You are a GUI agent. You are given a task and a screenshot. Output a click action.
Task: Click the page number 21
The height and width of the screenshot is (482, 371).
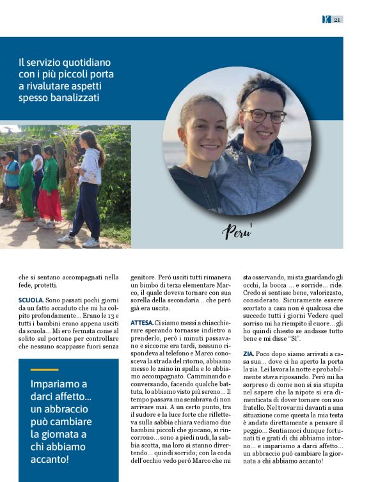(337, 19)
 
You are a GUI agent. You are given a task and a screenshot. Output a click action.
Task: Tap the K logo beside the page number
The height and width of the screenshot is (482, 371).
(326, 19)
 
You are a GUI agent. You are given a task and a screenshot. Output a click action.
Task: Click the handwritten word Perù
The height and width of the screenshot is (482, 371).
(237, 230)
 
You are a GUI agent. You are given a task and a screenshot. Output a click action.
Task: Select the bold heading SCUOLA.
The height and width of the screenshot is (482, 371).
(31, 300)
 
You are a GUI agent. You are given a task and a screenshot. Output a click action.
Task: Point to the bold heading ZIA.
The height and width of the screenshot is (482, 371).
(248, 353)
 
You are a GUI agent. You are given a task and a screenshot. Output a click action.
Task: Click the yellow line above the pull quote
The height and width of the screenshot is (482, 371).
(44, 369)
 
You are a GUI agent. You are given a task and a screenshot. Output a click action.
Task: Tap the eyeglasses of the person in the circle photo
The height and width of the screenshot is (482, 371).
(267, 116)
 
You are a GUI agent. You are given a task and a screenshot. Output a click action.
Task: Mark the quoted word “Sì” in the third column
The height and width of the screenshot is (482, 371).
(294, 338)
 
